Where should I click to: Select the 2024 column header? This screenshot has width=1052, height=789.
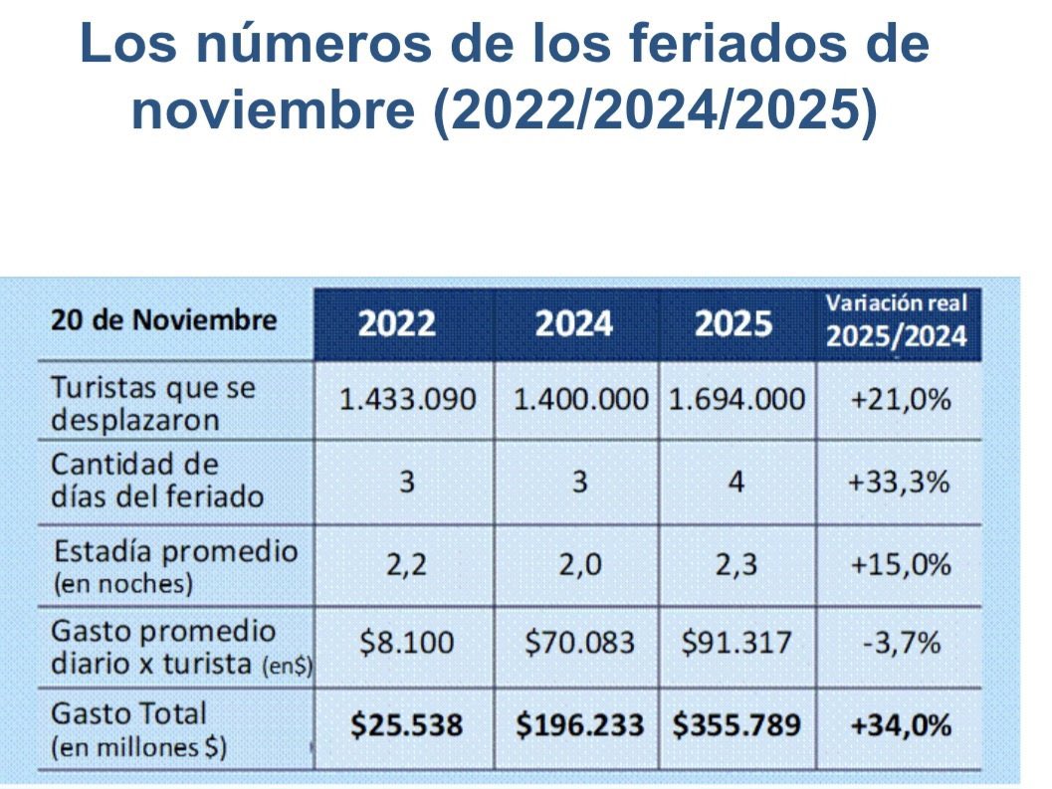point(574,323)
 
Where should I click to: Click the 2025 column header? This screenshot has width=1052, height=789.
point(735,323)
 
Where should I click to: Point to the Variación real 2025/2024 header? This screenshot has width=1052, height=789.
point(898,320)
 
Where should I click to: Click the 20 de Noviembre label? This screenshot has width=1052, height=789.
point(164,321)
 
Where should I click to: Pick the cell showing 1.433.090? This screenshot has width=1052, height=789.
point(407,400)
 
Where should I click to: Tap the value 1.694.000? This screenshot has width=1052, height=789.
point(736,400)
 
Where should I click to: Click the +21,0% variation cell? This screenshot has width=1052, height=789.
point(900,400)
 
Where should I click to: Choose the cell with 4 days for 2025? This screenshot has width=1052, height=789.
point(736,483)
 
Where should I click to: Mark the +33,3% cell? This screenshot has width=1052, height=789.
point(900,483)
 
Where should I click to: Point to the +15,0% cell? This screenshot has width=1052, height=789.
point(900,564)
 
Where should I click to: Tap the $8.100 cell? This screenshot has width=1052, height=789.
point(407,643)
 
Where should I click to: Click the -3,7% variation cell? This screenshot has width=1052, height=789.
point(900,643)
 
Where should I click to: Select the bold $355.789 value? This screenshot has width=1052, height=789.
point(736,725)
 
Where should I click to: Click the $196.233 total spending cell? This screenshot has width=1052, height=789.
point(578,725)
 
